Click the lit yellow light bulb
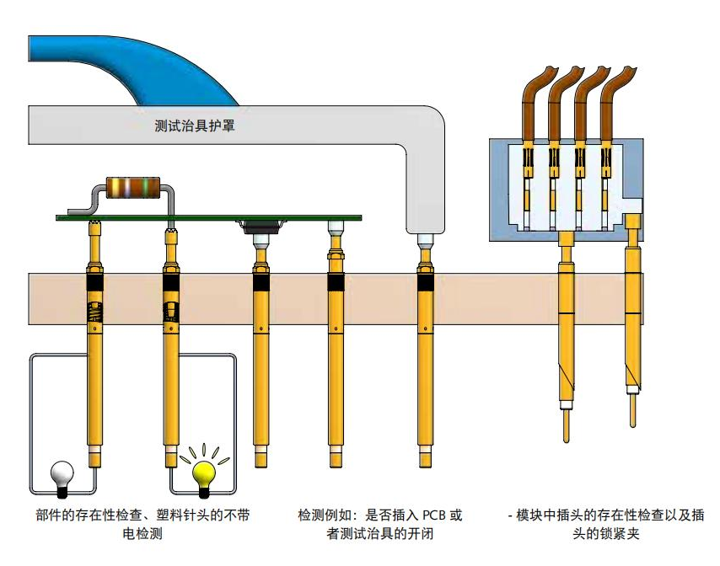[x=205, y=473]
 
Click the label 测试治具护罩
[x=195, y=127]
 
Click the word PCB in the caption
[x=430, y=515]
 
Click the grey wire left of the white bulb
[x=31, y=421]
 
